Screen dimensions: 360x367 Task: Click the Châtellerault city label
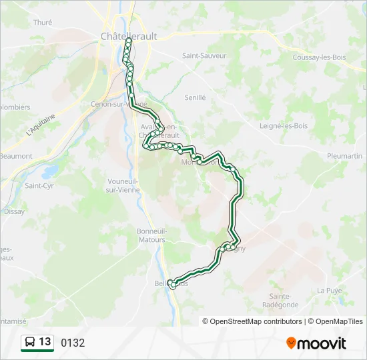[129, 37]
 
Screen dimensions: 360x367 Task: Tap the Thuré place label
[43, 22]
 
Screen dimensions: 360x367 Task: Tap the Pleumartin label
[345, 155]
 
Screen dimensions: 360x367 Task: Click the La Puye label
[329, 290]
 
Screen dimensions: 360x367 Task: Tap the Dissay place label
[14, 211]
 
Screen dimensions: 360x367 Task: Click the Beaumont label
[16, 156]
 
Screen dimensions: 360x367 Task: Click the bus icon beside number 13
[31, 343]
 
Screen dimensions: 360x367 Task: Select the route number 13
[45, 342]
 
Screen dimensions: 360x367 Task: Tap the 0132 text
[73, 343]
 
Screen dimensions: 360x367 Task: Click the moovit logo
[316, 343]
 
